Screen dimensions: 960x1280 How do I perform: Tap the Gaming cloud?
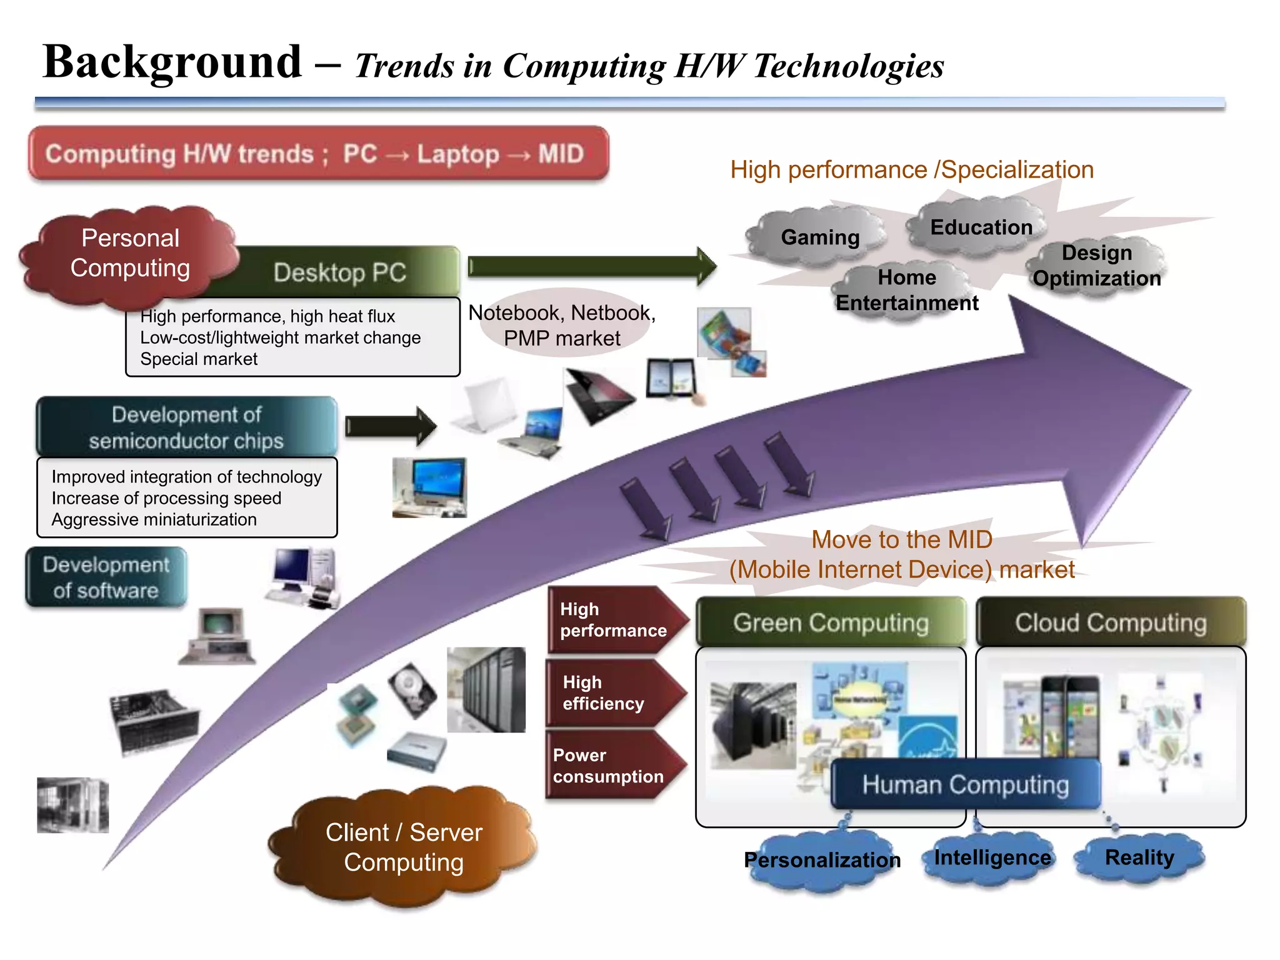click(819, 237)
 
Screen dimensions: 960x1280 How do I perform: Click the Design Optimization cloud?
click(1096, 266)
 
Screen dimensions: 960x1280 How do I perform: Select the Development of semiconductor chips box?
click(186, 427)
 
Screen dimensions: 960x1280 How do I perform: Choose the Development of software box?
click(106, 577)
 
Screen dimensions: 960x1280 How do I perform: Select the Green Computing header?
click(831, 622)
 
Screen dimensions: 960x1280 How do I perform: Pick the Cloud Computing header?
click(1111, 622)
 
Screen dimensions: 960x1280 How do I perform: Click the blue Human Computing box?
click(966, 784)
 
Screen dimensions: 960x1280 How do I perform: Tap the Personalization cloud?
click(822, 860)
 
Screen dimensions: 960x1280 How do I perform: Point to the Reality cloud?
click(1139, 857)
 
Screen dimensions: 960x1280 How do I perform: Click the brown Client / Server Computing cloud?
click(404, 847)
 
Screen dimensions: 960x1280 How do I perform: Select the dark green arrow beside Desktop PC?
click(591, 266)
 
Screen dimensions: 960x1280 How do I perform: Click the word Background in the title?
click(172, 62)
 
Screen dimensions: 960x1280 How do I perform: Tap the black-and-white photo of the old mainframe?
click(72, 805)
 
